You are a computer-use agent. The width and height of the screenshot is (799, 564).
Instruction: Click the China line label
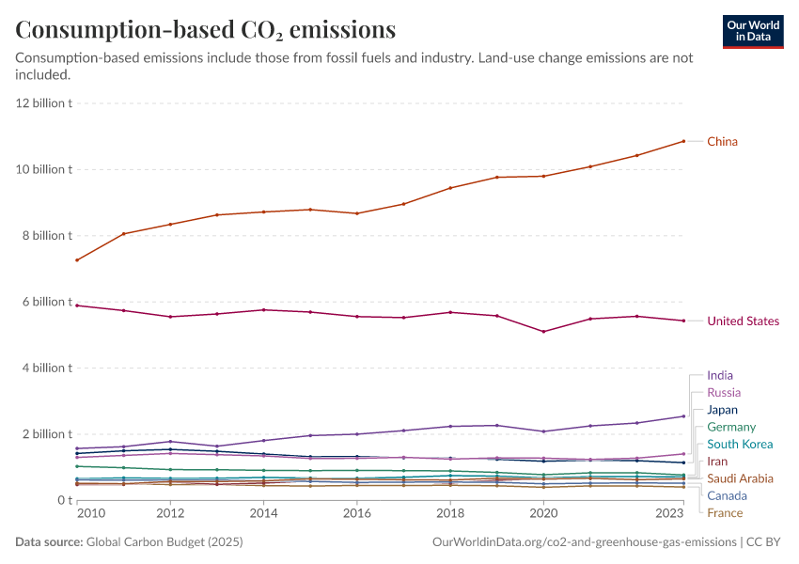click(722, 142)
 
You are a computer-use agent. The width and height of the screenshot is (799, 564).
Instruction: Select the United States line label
click(743, 321)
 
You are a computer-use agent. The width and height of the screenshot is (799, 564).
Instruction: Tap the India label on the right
click(720, 376)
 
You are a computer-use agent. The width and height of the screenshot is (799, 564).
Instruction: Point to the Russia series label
click(724, 393)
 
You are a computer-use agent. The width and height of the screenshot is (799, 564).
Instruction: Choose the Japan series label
click(722, 410)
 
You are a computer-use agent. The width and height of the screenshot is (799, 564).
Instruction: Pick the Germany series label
click(731, 428)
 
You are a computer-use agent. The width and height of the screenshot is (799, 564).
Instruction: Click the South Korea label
click(740, 445)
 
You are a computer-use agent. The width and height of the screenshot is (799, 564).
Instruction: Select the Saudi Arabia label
click(740, 478)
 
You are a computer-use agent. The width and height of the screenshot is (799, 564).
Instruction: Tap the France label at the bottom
click(725, 513)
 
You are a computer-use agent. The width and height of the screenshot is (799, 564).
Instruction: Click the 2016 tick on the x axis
click(357, 514)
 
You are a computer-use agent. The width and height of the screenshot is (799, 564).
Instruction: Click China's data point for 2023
click(683, 141)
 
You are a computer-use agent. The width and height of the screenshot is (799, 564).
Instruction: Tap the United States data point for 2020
click(543, 331)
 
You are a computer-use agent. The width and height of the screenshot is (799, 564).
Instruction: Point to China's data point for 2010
click(77, 260)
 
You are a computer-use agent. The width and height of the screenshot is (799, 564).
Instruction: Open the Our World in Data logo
click(752, 31)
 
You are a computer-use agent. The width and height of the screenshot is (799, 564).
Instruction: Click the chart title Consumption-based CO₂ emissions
click(206, 30)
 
